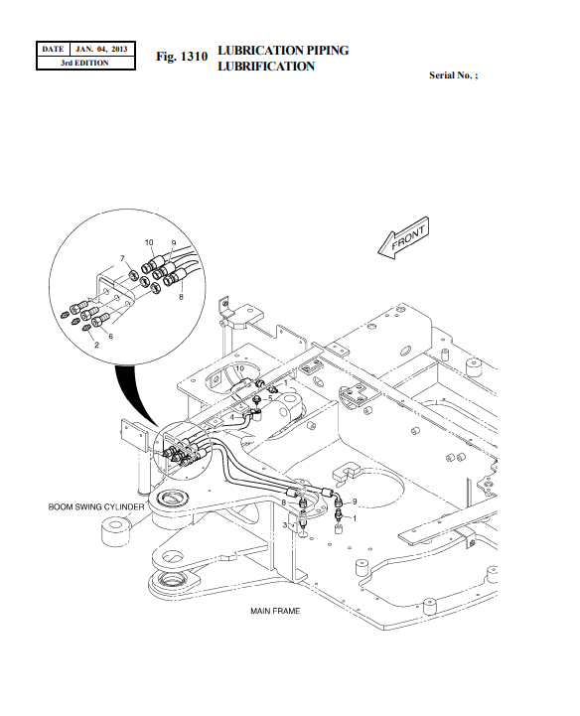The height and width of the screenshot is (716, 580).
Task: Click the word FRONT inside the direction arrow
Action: click(408, 239)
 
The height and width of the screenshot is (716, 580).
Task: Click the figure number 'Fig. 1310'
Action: click(182, 58)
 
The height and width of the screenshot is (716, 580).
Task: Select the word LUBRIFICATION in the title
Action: click(265, 67)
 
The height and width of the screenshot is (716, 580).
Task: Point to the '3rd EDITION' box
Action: click(84, 63)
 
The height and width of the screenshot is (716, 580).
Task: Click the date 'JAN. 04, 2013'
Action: click(101, 49)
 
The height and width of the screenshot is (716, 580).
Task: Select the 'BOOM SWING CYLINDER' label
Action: click(96, 506)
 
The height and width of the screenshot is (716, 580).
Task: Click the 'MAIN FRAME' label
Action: click(274, 611)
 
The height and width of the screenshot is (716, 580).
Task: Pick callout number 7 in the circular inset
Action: click(123, 259)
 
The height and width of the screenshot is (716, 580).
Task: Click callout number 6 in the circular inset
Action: click(110, 337)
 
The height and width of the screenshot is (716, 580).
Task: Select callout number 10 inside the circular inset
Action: click(149, 242)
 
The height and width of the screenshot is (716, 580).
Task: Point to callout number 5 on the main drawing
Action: click(269, 398)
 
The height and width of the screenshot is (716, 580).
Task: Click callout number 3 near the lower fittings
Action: click(285, 523)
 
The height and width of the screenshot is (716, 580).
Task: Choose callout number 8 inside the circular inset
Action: click(181, 295)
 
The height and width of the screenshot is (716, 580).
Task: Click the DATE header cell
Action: click(53, 49)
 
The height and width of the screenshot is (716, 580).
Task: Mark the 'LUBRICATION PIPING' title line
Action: click(282, 50)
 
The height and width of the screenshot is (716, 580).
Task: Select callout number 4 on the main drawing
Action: click(232, 417)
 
